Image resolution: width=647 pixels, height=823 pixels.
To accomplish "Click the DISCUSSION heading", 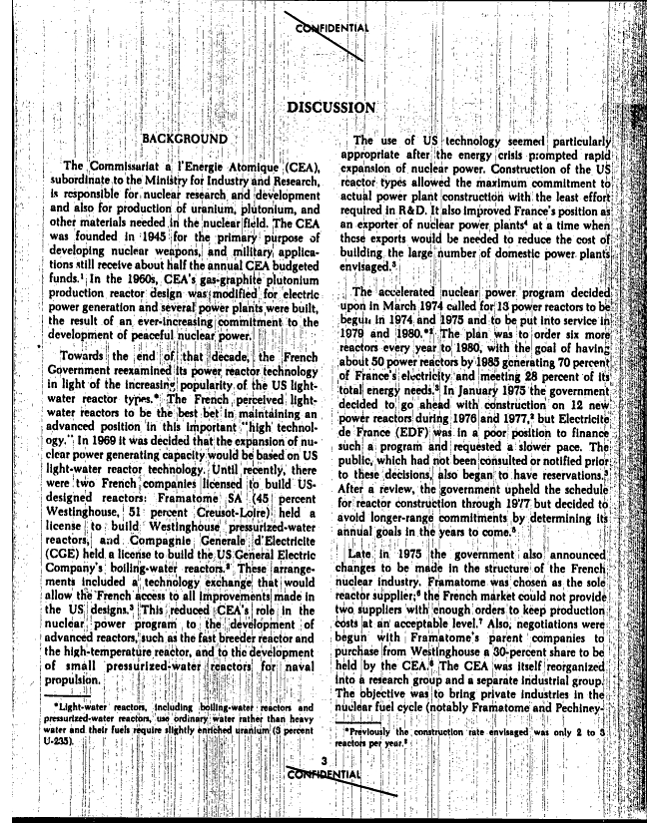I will point(330,107).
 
